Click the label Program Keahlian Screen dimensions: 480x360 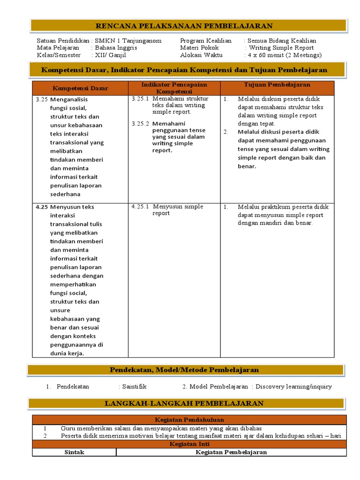(206, 41)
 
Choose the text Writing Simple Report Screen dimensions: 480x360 (281, 48)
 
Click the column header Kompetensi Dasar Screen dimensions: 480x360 (80, 88)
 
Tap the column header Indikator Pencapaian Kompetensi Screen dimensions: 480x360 (174, 88)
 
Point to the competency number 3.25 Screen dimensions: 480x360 (42, 99)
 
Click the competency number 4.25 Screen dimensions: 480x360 (42, 207)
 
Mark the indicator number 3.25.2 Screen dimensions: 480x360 (140, 124)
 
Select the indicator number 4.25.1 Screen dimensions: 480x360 (140, 206)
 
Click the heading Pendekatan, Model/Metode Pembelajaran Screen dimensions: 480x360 (184, 370)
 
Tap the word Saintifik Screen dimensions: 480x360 (135, 387)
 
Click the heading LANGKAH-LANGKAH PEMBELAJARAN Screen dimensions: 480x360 (184, 403)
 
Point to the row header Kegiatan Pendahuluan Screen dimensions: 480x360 (189, 420)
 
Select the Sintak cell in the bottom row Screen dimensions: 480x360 (74, 452)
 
